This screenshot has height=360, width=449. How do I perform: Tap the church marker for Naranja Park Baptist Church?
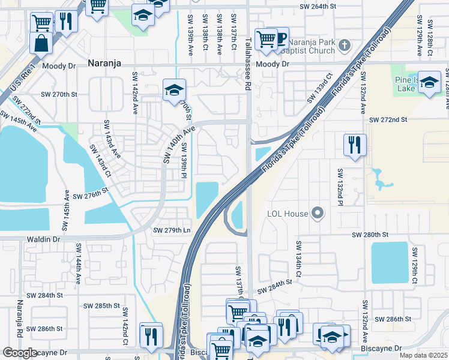[344, 45]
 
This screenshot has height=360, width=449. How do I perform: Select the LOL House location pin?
[318, 214]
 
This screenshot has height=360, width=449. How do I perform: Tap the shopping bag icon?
[41, 44]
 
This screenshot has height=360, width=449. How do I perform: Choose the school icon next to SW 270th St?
[173, 91]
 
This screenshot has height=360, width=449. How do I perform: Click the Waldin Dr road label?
[44, 239]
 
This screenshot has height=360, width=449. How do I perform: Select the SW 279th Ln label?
[172, 230]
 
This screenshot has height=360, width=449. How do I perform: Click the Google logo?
[20, 353]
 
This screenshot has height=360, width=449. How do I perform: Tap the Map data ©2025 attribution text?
[423, 355]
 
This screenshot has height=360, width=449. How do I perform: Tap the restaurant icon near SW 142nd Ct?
[151, 334]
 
